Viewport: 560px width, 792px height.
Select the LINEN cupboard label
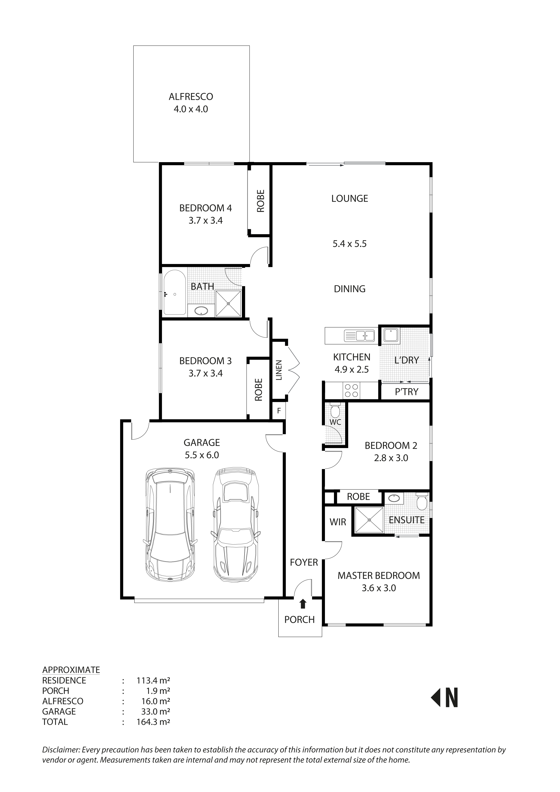279,370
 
